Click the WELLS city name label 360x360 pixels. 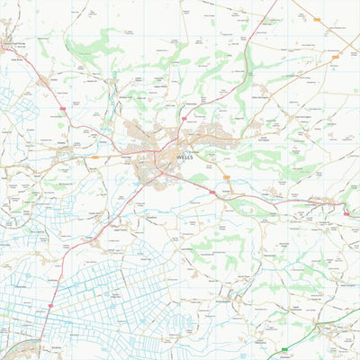tap(184, 157)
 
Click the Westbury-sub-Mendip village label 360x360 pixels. tap(19, 44)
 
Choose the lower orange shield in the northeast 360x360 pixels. tap(335, 57)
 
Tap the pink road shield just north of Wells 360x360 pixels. tap(183, 117)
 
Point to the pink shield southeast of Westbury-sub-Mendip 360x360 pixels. tap(62, 107)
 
